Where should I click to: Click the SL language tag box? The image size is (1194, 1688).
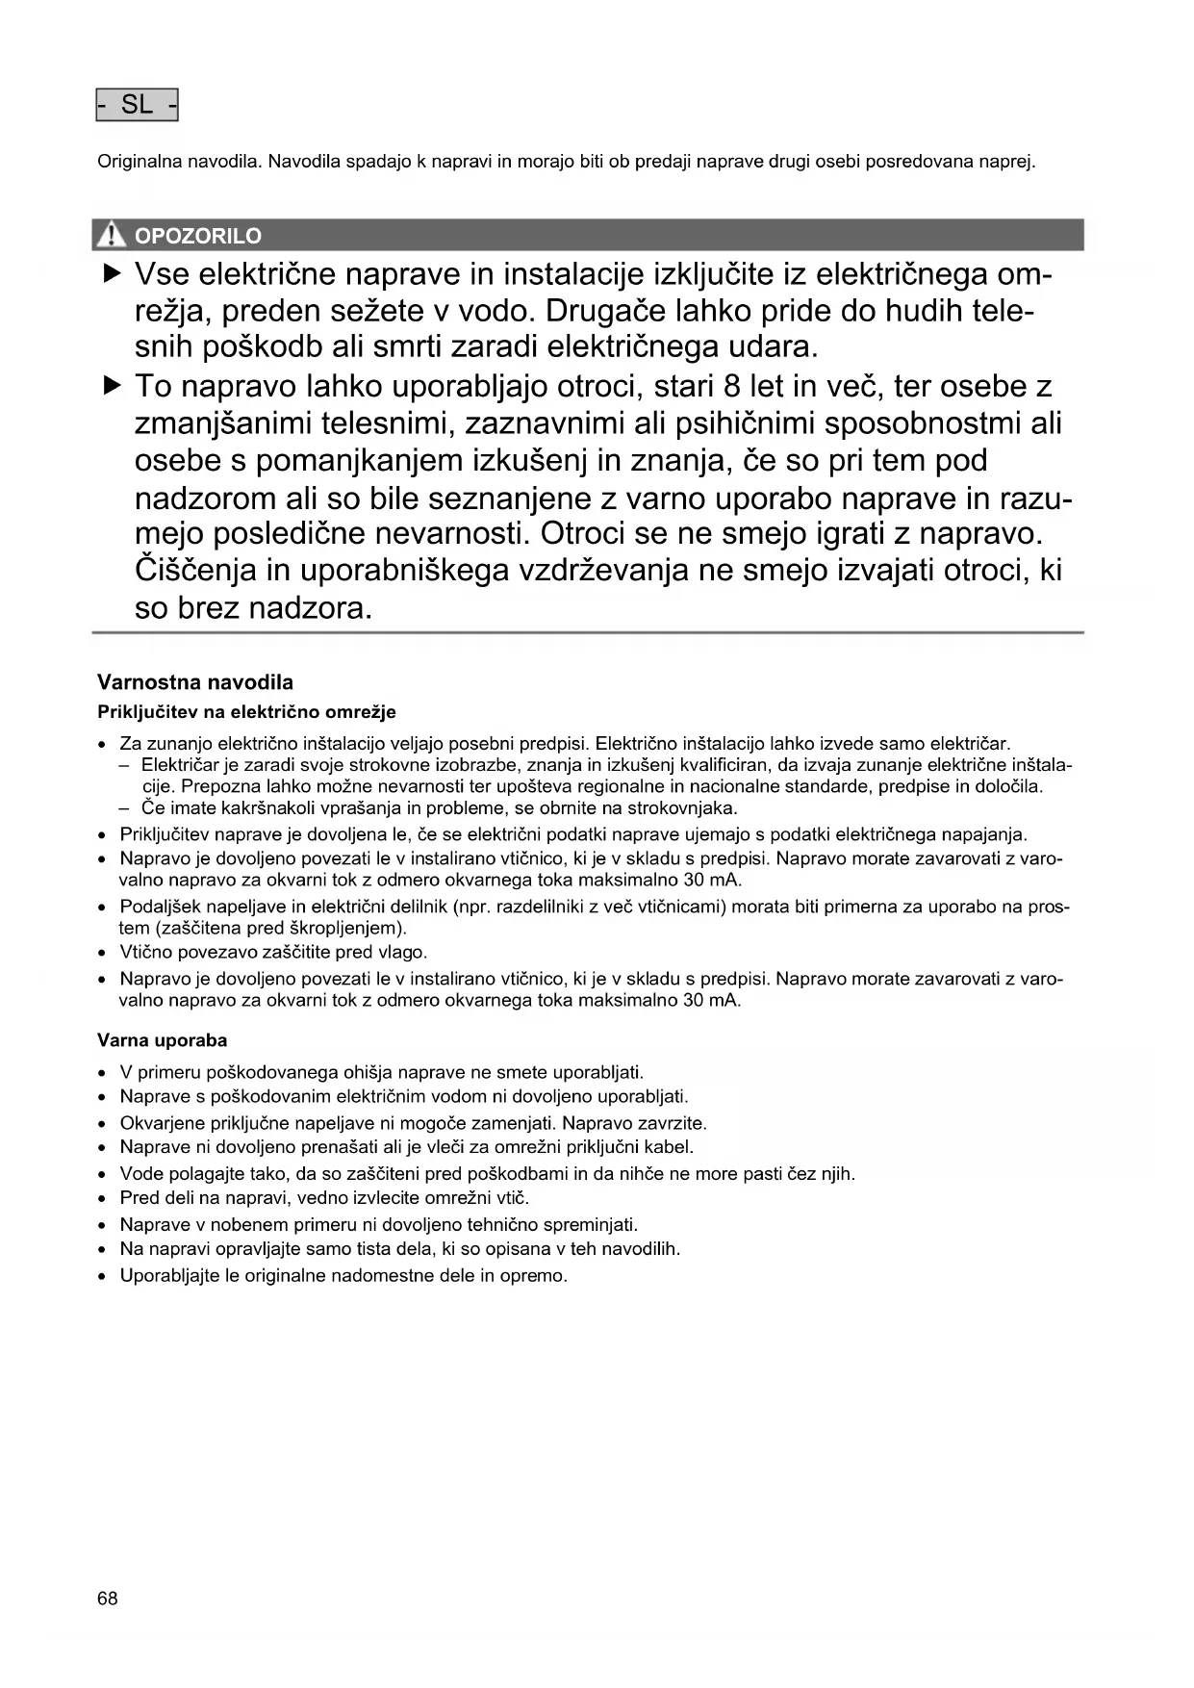(x=138, y=105)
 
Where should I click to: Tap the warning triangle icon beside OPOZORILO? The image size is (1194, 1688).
(x=113, y=235)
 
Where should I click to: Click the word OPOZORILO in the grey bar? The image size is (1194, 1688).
(x=198, y=236)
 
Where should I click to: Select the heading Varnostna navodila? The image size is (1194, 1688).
(x=195, y=682)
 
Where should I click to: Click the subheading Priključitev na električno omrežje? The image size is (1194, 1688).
(x=246, y=712)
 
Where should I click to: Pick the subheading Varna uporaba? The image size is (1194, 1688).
(x=163, y=1040)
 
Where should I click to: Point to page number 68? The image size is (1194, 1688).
(x=108, y=1598)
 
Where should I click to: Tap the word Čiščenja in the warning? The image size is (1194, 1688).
(x=195, y=571)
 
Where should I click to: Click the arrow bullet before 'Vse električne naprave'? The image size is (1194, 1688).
(x=113, y=275)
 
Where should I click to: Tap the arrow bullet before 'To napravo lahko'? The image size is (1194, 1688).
(x=113, y=387)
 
